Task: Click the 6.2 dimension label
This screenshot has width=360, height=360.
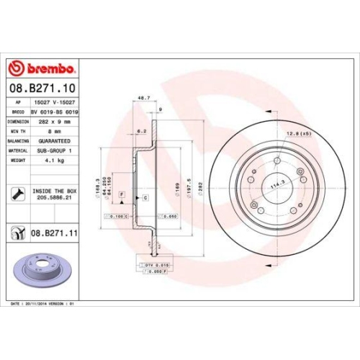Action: point(141,130)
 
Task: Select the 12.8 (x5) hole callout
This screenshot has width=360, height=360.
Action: point(297,134)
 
